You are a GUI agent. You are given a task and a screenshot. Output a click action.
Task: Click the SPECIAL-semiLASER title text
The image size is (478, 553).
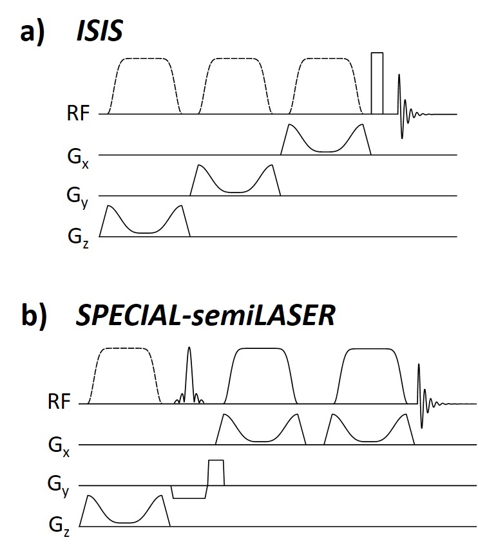click(205, 317)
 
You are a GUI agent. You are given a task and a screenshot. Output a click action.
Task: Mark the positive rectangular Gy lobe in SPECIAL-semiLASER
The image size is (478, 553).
click(216, 473)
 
